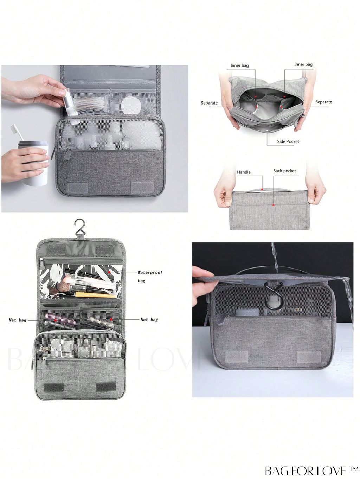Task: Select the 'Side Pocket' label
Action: (x=288, y=141)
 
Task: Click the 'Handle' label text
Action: (x=244, y=172)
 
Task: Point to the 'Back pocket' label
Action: (x=284, y=171)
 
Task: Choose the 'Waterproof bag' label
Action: (x=150, y=276)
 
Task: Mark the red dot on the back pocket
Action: (x=273, y=205)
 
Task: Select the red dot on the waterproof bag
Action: (x=109, y=272)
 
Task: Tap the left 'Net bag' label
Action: (x=18, y=320)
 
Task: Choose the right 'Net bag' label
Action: (x=149, y=320)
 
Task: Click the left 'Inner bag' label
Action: (x=239, y=65)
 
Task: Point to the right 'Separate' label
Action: (x=323, y=102)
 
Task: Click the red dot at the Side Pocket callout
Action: (x=268, y=131)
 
